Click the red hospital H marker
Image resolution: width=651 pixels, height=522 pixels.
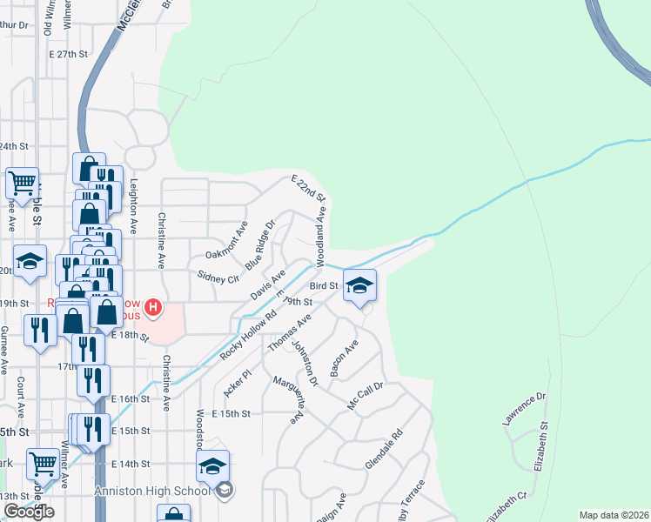(154, 306)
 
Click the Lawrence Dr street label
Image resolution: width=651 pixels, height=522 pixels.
(523, 408)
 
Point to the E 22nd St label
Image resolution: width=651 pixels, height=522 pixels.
(307, 187)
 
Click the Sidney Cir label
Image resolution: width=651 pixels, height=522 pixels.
(218, 278)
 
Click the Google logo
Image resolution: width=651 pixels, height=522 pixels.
(29, 512)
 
